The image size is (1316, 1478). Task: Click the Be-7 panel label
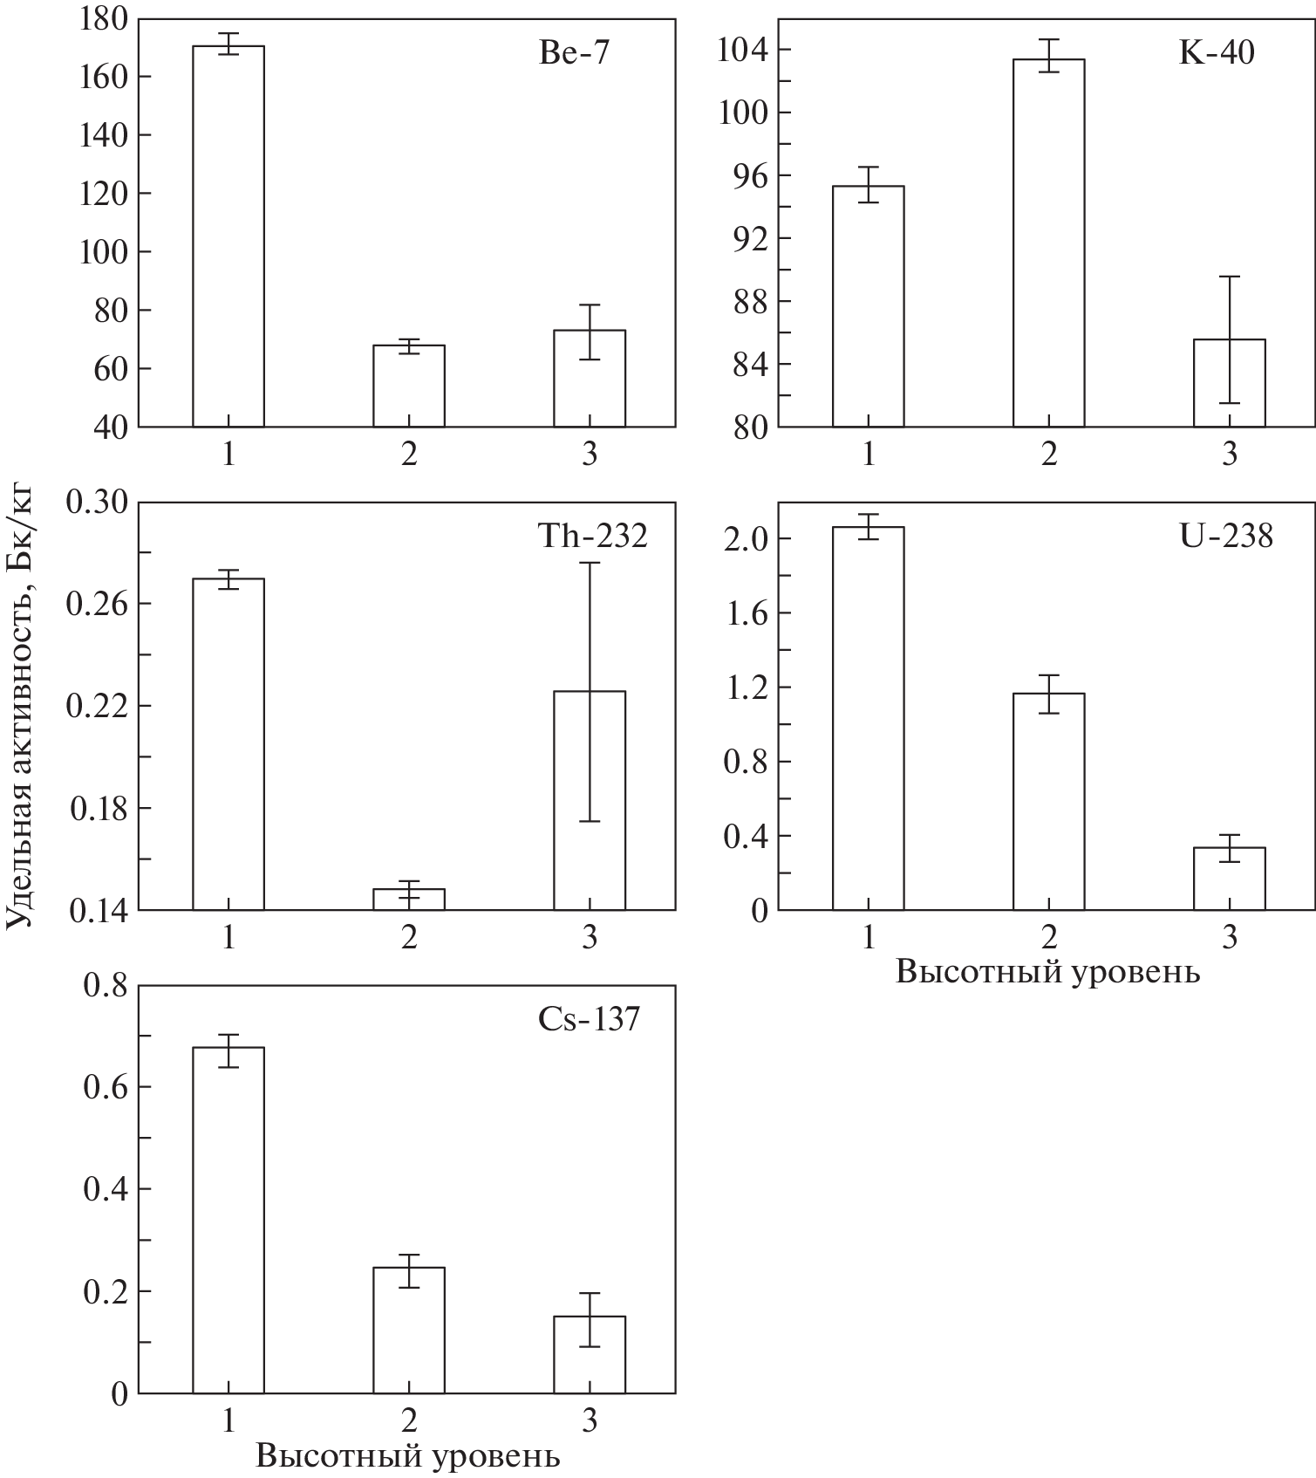(575, 54)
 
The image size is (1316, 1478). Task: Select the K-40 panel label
(1217, 54)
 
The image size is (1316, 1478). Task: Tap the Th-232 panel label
(592, 536)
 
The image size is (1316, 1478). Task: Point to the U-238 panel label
(1226, 536)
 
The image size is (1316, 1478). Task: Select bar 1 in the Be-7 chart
(228, 236)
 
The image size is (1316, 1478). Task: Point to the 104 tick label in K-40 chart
(743, 50)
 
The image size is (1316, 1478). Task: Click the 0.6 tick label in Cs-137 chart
(106, 1088)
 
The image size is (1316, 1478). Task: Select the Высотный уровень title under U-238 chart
(1047, 973)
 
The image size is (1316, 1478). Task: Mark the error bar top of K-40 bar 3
(1230, 277)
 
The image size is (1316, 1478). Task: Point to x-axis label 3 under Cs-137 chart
(590, 1422)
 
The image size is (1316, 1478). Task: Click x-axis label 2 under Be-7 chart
(409, 455)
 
